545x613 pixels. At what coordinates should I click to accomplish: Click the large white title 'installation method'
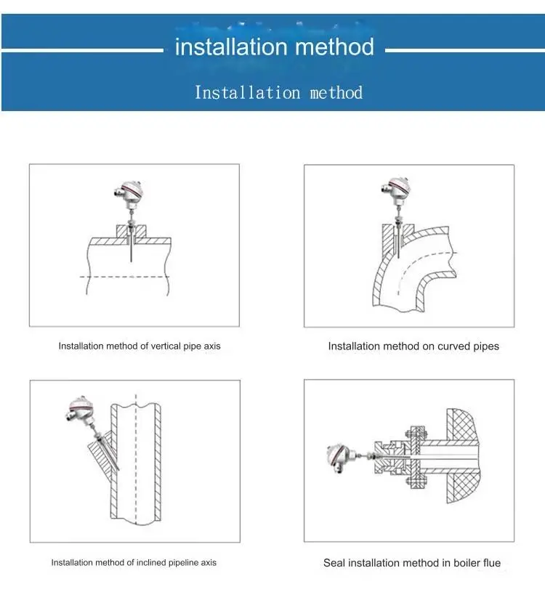click(275, 48)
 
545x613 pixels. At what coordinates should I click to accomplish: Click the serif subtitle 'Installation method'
click(278, 93)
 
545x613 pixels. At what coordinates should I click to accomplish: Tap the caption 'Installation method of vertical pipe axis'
click(140, 346)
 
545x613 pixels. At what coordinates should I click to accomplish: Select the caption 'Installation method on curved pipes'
click(413, 346)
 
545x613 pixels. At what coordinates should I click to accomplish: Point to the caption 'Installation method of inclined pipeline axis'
click(134, 563)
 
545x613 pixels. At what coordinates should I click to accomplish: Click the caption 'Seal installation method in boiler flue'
click(412, 563)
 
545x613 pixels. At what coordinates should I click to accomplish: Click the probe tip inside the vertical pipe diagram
click(129, 259)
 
